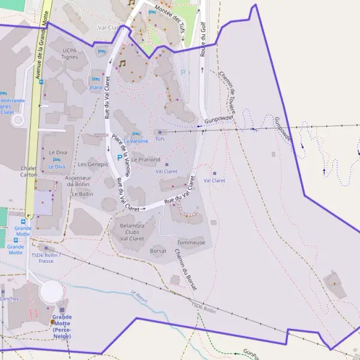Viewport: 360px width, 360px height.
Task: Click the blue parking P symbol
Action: (x=119, y=157)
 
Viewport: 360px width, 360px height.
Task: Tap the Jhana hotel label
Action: (x=95, y=88)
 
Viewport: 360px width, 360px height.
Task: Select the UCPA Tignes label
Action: (x=69, y=53)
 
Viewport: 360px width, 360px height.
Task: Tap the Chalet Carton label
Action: (x=29, y=172)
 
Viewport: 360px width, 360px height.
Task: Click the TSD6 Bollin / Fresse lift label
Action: (x=45, y=257)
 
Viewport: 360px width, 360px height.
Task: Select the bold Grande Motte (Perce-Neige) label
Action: (x=61, y=326)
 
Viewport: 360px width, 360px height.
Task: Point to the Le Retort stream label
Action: (x=139, y=297)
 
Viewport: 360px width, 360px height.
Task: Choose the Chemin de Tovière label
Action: (x=229, y=92)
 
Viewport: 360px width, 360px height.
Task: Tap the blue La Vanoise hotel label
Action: (x=136, y=141)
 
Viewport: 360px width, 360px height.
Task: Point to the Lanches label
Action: (x=9, y=298)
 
